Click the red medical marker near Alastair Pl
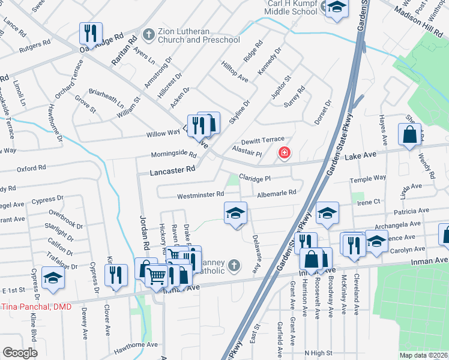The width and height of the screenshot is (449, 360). (x=283, y=154)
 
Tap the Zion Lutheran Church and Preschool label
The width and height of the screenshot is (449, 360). (x=199, y=35)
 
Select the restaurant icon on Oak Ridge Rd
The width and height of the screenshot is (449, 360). (x=91, y=33)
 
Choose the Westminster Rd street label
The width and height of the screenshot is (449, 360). (x=200, y=195)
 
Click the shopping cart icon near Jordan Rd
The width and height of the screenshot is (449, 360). (x=157, y=277)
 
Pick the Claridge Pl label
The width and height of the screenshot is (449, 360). (x=255, y=178)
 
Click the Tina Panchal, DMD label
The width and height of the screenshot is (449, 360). (x=36, y=307)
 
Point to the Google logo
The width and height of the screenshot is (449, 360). (x=20, y=353)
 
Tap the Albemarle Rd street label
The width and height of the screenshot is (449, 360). (x=277, y=193)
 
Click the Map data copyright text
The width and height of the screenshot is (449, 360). (x=424, y=355)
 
